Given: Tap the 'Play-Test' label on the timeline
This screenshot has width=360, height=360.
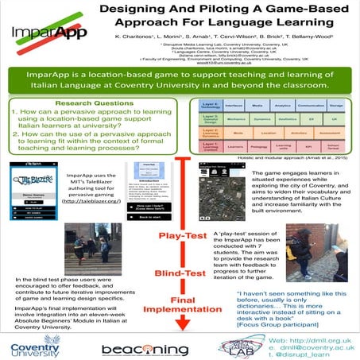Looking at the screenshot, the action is (185, 235).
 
